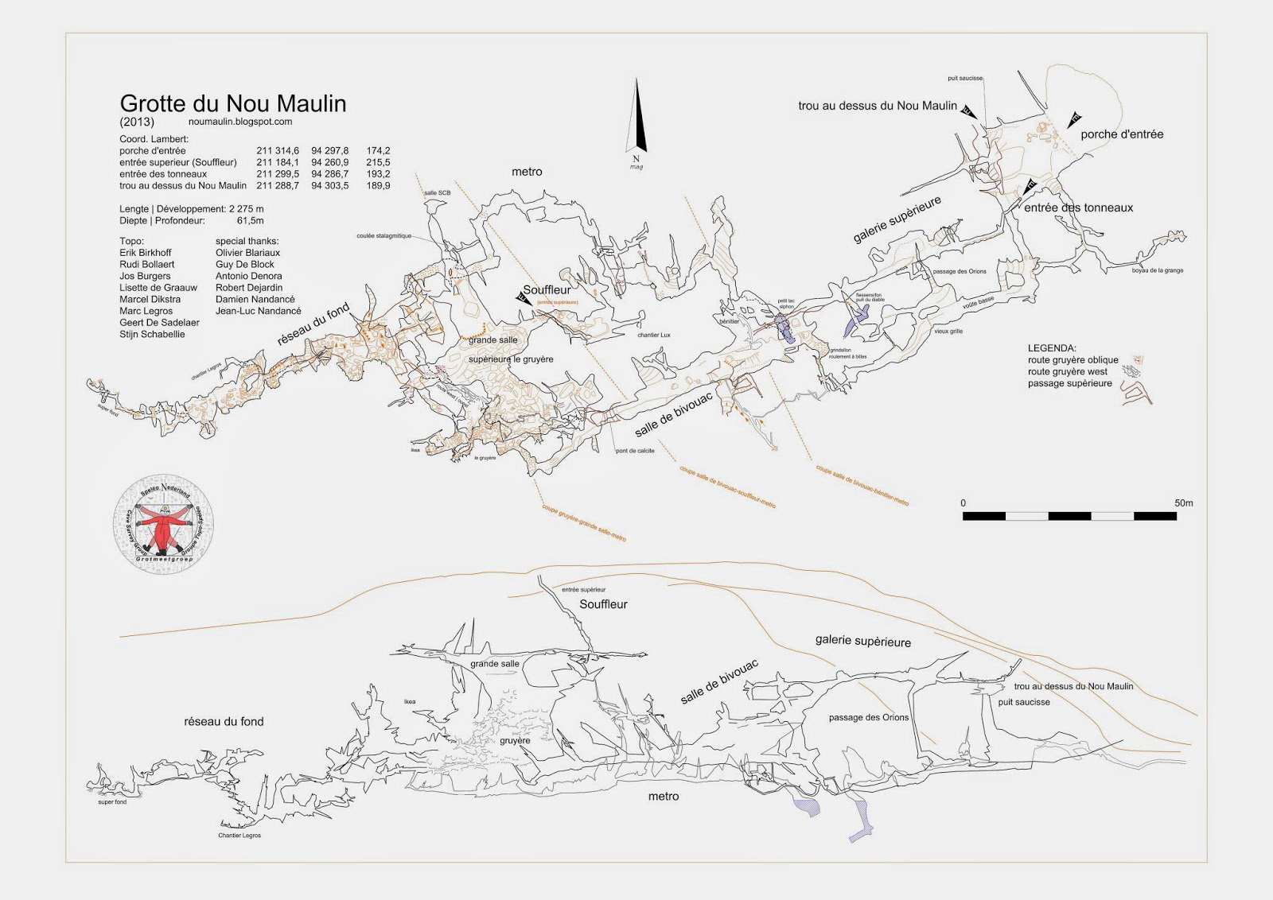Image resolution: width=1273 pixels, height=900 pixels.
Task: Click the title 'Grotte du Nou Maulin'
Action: [232, 103]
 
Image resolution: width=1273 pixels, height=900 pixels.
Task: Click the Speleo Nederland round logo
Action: [165, 526]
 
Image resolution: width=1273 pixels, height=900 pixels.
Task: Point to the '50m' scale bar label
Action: [1183, 503]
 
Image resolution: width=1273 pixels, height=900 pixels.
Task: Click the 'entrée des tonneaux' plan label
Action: [1078, 208]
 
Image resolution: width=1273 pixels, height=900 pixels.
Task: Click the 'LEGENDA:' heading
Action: [1052, 348]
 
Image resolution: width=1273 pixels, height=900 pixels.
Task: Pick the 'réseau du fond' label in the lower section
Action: [224, 722]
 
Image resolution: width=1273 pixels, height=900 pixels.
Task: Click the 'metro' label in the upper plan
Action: [527, 172]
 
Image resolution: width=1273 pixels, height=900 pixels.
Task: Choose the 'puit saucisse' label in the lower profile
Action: [1023, 702]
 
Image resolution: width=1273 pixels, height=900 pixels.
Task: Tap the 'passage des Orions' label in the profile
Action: [868, 717]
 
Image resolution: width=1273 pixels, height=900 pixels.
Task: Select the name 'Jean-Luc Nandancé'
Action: [259, 311]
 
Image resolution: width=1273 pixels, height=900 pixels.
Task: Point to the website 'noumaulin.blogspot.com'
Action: [241, 122]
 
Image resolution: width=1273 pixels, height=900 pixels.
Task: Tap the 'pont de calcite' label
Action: [634, 451]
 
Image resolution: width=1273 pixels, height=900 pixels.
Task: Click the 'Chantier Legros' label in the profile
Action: [239, 836]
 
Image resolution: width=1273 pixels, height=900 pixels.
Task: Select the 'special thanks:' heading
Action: [247, 241]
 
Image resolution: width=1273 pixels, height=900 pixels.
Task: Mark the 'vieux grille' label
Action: [948, 331]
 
